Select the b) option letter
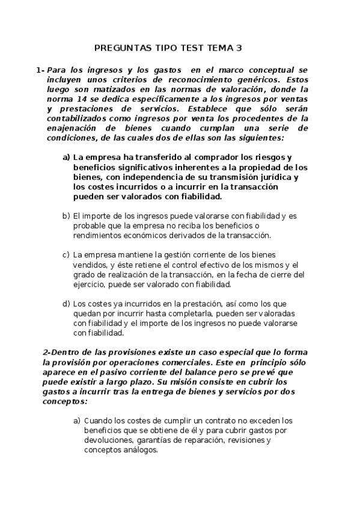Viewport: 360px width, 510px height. [x=66, y=215]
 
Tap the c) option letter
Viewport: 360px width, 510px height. [x=66, y=255]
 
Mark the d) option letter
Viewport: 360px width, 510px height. [x=66, y=304]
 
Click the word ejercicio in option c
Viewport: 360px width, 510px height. [x=90, y=284]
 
